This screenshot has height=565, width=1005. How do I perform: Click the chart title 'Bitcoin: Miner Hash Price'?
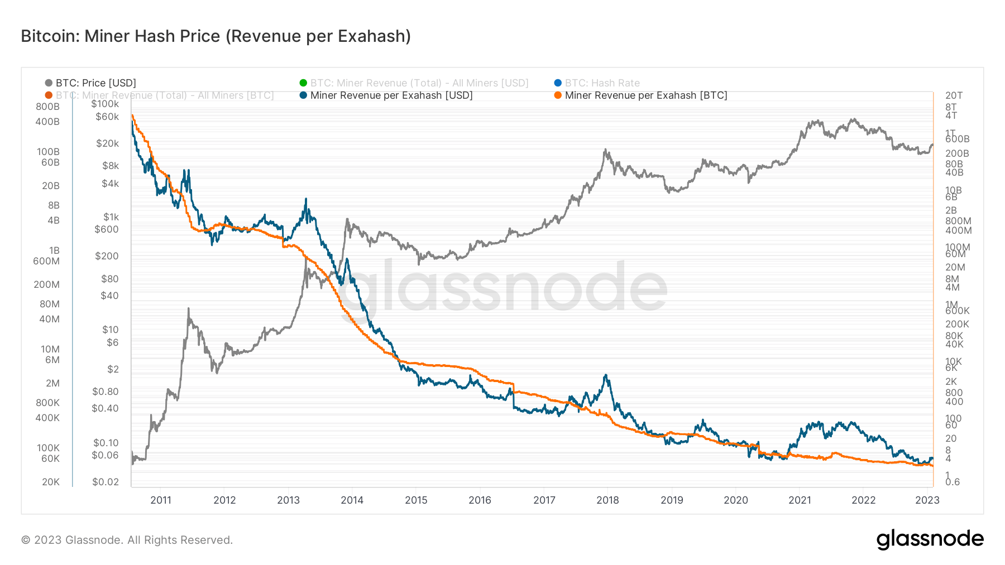pos(216,36)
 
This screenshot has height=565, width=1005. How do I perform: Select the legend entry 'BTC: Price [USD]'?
pos(95,83)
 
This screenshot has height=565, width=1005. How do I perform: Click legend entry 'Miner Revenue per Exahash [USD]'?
pos(391,95)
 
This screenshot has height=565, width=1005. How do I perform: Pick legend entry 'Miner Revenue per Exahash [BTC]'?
pos(645,95)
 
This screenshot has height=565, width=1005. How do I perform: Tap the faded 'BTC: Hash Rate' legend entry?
pos(602,83)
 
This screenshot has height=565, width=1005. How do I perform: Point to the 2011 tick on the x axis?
pos(161,500)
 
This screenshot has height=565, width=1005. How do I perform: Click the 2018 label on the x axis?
pos(607,500)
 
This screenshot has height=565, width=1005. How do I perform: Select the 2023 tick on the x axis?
pos(927,500)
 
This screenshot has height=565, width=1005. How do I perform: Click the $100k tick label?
pos(105,104)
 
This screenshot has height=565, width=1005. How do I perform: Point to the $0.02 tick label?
pos(106,482)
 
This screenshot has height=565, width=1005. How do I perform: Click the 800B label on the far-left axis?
pos(47,107)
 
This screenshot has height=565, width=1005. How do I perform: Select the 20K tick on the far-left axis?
pos(51,482)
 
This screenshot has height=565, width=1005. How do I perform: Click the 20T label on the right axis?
pos(954,95)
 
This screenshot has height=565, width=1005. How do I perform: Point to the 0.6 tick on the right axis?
pos(953,482)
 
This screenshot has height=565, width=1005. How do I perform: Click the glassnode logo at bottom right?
pos(930,539)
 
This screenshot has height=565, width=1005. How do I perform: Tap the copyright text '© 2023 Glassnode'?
pos(127,540)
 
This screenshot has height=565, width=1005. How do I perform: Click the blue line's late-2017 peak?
pos(606,375)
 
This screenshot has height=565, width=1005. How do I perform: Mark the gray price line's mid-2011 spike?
pos(189,308)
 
